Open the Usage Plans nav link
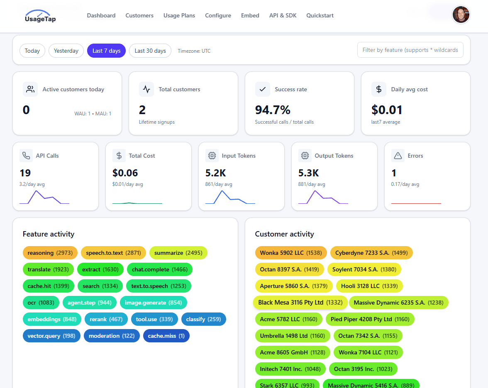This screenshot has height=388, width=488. pos(179,15)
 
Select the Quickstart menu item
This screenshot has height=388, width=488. pos(320,15)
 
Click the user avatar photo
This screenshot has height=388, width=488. pos(461,15)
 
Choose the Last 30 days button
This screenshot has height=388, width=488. pos(150,51)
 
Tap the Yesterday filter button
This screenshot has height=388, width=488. pos(66,51)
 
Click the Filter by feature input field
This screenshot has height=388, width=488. pos(410,50)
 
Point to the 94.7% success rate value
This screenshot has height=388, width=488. pos(273,110)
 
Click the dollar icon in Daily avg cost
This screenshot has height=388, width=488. pos(378,89)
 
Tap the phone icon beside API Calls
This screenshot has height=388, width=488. pos(26,156)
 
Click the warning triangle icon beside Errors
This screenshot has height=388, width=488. pos(398,156)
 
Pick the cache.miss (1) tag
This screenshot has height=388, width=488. pos(166,336)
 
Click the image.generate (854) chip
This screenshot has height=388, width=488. pos(154,303)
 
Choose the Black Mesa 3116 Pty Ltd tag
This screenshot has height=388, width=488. pos(300,303)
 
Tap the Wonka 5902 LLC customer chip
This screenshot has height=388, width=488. pos(291,253)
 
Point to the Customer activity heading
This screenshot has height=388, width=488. pos(284,234)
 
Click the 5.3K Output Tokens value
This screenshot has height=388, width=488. pos(309,173)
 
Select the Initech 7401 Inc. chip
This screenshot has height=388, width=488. pos(290,369)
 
